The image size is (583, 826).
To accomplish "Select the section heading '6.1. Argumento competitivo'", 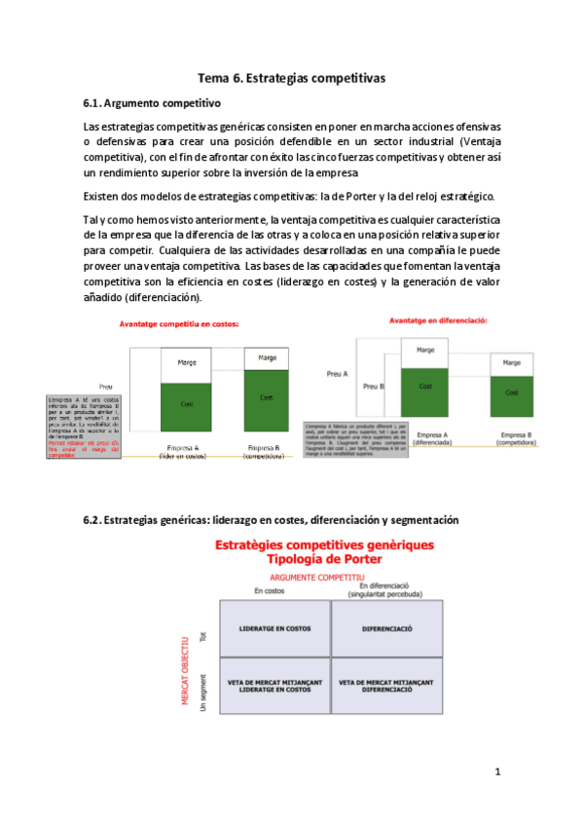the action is point(152,102).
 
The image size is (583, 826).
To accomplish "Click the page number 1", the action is point(497,772).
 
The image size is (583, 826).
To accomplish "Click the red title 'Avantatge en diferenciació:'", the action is point(438,319).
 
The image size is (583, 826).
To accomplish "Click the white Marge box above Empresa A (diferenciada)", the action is point(425,351).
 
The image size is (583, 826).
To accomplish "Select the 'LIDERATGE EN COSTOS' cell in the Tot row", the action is point(275,628).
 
